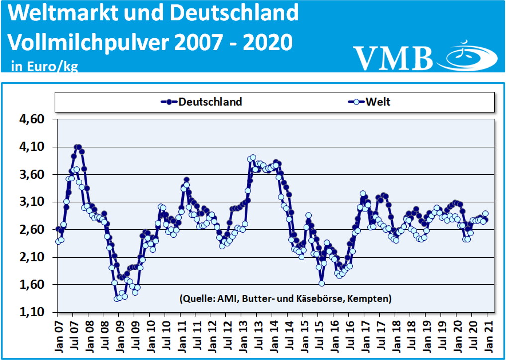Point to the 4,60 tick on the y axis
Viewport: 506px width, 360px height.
click(31, 119)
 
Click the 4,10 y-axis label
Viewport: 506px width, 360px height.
click(31, 147)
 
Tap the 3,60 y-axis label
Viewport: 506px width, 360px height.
click(31, 175)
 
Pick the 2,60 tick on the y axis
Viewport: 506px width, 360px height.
click(31, 230)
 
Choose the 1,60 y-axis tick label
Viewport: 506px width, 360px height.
click(31, 285)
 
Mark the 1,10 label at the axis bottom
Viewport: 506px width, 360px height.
click(31, 312)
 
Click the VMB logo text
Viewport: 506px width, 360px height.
click(394, 57)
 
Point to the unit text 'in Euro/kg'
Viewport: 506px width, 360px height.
click(44, 66)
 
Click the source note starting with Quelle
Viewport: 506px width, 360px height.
click(284, 298)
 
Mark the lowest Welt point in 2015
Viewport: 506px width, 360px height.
click(322, 283)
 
